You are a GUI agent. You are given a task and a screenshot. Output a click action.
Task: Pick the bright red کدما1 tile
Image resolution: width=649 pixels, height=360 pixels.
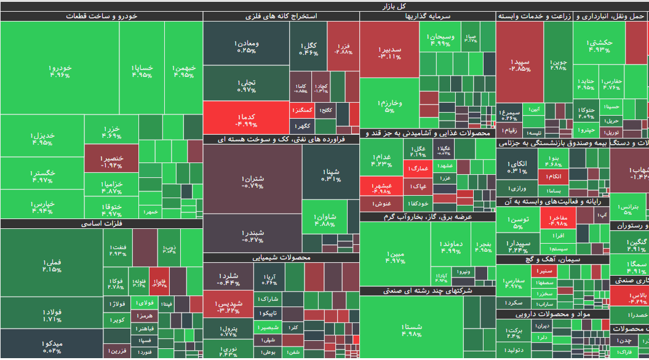246,119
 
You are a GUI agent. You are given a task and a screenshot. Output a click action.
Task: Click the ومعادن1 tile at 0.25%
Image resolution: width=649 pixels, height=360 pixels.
246,46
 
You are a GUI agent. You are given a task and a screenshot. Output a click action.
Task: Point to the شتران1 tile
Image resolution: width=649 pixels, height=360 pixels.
252,182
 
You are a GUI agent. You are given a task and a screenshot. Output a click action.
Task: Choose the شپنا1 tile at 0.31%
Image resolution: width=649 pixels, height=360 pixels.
330,175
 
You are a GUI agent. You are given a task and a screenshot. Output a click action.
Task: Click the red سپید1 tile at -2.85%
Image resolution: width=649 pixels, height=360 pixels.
520,65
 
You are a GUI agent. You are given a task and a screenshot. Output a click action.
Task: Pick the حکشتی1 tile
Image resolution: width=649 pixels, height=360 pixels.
599,46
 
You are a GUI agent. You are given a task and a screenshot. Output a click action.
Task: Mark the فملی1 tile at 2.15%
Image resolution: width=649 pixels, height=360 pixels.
52,266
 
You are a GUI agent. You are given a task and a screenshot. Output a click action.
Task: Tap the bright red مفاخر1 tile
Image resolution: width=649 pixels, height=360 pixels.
558,220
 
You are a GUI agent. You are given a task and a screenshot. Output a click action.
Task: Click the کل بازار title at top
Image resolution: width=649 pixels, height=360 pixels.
324,6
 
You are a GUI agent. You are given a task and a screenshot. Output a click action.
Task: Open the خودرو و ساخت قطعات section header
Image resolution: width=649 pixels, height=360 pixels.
101,17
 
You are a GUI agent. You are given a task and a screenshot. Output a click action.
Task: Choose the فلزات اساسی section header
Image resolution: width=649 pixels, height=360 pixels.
101,224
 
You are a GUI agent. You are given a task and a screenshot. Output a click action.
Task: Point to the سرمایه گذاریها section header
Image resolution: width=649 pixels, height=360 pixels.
427,17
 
